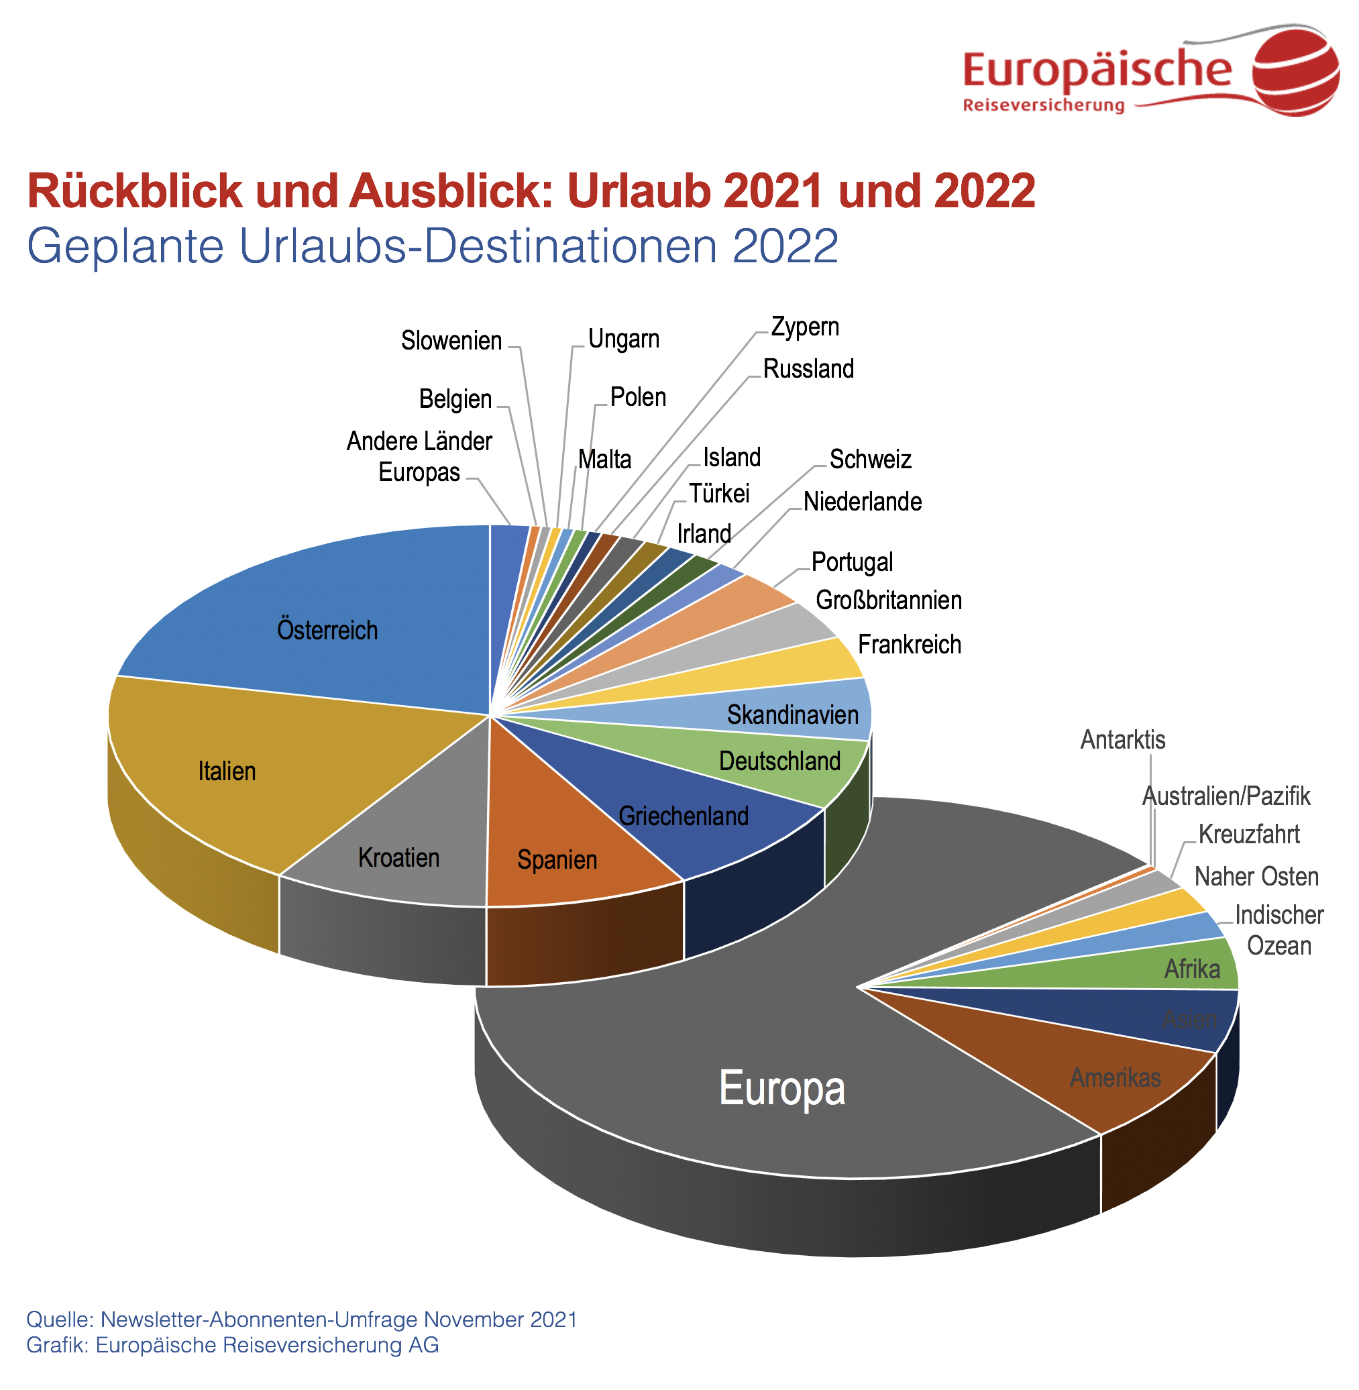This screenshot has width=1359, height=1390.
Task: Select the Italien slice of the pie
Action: pyautogui.click(x=226, y=771)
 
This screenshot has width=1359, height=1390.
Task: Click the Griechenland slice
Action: pyautogui.click(x=683, y=815)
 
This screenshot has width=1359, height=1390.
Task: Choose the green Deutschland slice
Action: pyautogui.click(x=779, y=761)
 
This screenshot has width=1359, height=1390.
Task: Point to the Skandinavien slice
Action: pyautogui.click(x=792, y=714)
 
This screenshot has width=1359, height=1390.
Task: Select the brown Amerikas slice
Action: pyautogui.click(x=1115, y=1077)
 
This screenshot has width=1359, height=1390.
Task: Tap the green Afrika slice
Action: pyautogui.click(x=1191, y=969)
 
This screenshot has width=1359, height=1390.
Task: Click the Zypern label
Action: pyautogui.click(x=804, y=326)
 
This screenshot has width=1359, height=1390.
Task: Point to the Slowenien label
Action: pyautogui.click(x=451, y=341)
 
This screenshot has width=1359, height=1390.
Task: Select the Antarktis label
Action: pyautogui.click(x=1122, y=740)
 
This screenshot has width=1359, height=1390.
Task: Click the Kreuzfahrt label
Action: pyautogui.click(x=1248, y=834)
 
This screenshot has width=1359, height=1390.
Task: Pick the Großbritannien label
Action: pyautogui.click(x=888, y=600)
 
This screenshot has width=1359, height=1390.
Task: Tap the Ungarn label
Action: pyautogui.click(x=623, y=338)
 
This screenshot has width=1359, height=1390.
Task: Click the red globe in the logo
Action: pyautogui.click(x=1295, y=70)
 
